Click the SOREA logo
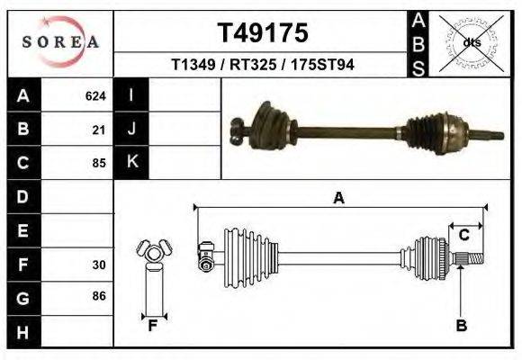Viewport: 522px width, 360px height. click(59, 42)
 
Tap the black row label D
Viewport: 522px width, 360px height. click(22, 196)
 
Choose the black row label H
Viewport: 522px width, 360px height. click(22, 332)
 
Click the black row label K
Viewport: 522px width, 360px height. click(132, 162)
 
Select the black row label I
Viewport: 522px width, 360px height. click(132, 94)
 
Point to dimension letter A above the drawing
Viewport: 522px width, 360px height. click(338, 199)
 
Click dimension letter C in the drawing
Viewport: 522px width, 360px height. click(464, 235)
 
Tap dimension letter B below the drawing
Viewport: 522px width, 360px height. click(461, 325)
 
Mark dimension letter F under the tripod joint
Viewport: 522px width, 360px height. click(154, 325)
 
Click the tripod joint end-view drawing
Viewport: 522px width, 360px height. click(154, 255)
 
